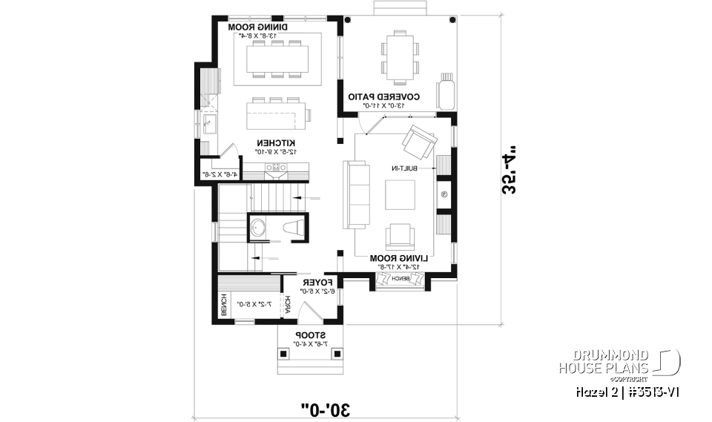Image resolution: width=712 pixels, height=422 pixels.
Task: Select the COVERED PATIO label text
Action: pyautogui.click(x=384, y=97)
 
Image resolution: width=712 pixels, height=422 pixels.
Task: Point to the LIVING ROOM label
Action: pyautogui.click(x=395, y=257)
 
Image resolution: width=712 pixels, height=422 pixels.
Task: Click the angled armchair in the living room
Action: pyautogui.click(x=418, y=142)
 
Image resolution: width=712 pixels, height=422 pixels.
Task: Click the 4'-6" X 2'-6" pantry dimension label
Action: pyautogui.click(x=220, y=175)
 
